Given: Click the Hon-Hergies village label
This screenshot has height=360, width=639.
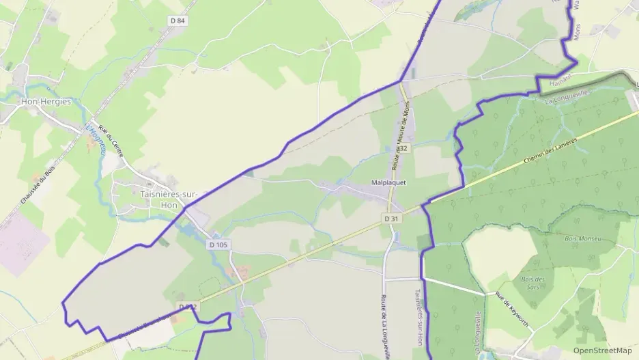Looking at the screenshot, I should [46, 101].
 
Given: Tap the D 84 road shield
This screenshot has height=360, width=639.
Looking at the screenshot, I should [177, 20].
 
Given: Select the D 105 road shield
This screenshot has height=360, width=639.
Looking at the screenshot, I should [218, 245].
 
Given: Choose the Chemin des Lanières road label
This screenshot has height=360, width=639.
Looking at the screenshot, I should [552, 150].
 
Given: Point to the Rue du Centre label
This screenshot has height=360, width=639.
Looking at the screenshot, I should [110, 141].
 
